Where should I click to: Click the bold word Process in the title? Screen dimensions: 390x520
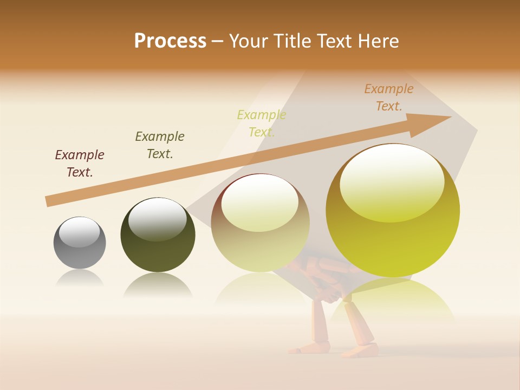coord(170,41)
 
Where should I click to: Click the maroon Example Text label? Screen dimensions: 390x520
coord(80,163)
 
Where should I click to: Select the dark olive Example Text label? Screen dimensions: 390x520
coord(160,145)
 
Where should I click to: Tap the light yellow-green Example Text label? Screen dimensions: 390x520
coord(262,123)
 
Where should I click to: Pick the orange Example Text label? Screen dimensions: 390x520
coord(389,97)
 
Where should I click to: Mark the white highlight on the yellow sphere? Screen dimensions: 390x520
coord(392,181)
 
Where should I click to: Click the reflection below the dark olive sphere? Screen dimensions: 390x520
coord(158,284)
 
